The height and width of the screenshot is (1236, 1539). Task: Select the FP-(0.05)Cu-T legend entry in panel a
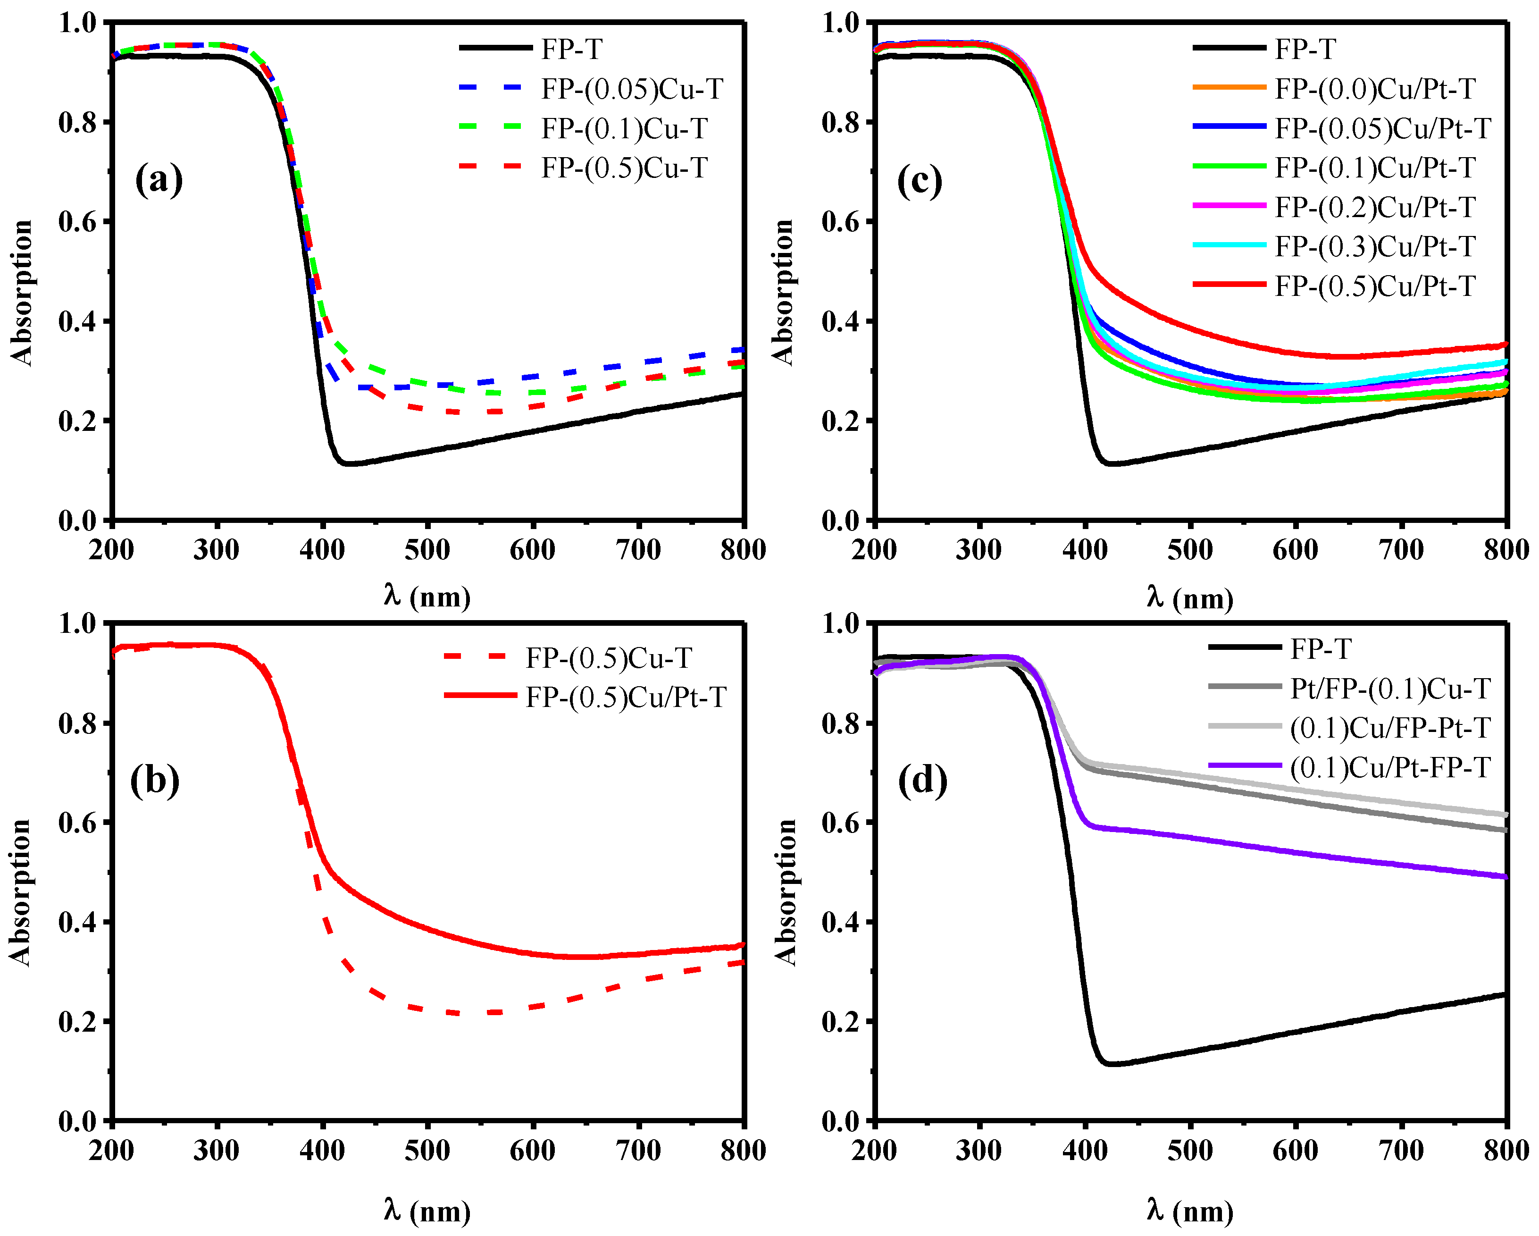point(632,89)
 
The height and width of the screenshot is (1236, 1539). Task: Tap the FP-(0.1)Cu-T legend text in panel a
point(624,128)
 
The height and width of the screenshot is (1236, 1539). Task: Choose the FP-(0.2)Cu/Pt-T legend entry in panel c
point(1375,207)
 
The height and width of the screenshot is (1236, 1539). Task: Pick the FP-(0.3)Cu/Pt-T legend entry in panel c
point(1375,246)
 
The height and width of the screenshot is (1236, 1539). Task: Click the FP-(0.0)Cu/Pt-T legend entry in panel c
point(1375,89)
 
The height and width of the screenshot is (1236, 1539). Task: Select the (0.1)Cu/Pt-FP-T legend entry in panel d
point(1390,767)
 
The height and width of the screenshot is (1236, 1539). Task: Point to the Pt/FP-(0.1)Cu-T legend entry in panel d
point(1390,689)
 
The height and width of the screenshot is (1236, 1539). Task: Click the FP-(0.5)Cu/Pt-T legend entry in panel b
point(625,698)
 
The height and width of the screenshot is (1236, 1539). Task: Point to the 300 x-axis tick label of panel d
point(979,1151)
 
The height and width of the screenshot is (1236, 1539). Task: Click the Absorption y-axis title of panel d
point(785,892)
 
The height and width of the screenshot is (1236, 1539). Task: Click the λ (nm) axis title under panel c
point(1190,597)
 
